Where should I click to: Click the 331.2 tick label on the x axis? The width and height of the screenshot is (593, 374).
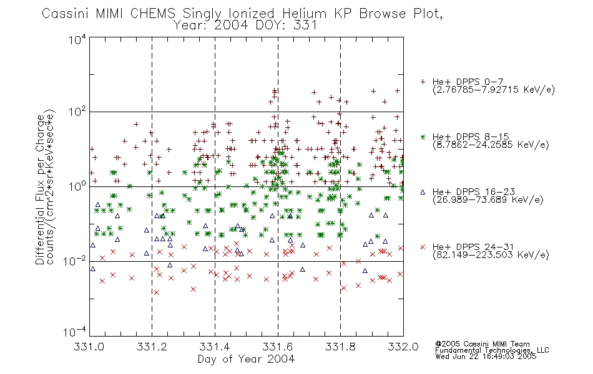(152, 347)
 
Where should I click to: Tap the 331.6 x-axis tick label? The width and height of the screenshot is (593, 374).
(278, 347)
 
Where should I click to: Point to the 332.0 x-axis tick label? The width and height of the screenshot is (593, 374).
(403, 347)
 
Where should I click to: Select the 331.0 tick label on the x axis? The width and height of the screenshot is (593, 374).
(89, 347)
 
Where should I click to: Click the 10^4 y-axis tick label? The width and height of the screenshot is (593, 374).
(77, 39)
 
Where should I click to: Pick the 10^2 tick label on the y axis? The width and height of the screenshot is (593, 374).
(77, 112)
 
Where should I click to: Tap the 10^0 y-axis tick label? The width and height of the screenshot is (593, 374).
(77, 186)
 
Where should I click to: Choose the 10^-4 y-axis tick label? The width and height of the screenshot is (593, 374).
(75, 332)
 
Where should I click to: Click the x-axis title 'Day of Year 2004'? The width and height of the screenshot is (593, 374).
(246, 359)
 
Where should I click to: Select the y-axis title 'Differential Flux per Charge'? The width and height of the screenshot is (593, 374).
(40, 189)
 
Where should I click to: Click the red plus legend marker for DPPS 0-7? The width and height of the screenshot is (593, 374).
(423, 82)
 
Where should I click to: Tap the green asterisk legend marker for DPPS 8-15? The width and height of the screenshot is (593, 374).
(423, 137)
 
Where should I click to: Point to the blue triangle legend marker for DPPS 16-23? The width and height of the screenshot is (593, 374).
(423, 192)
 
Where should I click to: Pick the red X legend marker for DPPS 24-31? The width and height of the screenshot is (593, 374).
(423, 247)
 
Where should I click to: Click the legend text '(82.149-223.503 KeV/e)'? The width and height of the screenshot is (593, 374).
(491, 255)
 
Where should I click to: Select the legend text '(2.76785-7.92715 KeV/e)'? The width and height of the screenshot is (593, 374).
(494, 90)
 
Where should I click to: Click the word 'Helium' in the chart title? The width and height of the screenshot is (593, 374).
(304, 14)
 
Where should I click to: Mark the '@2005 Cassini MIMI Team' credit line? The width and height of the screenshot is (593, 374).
(482, 344)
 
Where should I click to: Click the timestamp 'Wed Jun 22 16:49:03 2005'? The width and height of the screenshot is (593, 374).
(486, 356)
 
